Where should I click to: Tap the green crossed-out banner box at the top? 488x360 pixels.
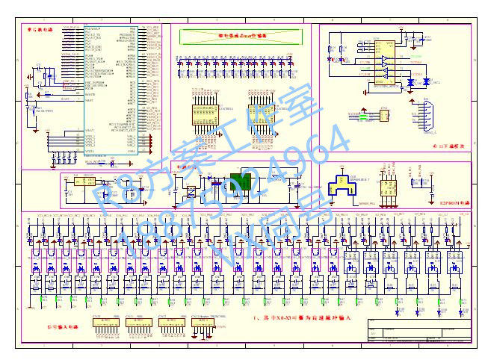(241, 35)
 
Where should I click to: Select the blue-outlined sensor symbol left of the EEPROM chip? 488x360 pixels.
(349, 187)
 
